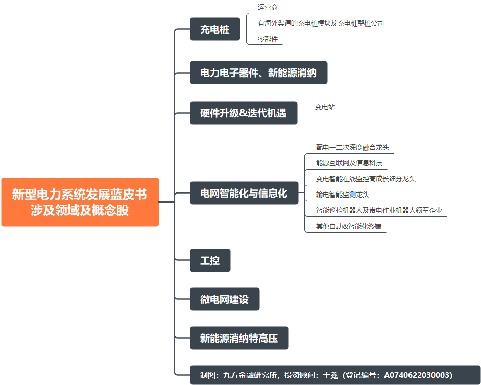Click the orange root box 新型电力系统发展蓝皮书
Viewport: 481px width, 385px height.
pyautogui.click(x=80, y=202)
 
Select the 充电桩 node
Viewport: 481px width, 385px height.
pyautogui.click(x=215, y=29)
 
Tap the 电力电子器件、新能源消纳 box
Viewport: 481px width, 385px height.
pyautogui.click(x=258, y=73)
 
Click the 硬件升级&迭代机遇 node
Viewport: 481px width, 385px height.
pyautogui.click(x=244, y=113)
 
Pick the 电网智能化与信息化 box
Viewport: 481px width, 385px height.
pyautogui.click(x=244, y=193)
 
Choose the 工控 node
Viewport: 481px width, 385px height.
pyautogui.click(x=210, y=260)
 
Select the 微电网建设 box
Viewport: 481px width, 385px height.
pyautogui.click(x=225, y=299)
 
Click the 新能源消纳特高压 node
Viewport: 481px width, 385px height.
pyautogui.click(x=239, y=338)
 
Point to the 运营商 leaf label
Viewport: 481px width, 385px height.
pyautogui.click(x=268, y=7)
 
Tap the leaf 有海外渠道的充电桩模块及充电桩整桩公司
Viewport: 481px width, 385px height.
pyautogui.click(x=321, y=23)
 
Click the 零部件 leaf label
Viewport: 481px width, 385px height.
pyautogui.click(x=268, y=39)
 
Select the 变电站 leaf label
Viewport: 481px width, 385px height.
pyautogui.click(x=325, y=107)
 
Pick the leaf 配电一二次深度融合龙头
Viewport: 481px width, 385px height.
pyautogui.click(x=352, y=147)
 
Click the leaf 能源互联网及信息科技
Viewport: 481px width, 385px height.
pyautogui.click(x=349, y=163)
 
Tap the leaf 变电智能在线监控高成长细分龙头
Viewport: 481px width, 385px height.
pyautogui.click(x=366, y=179)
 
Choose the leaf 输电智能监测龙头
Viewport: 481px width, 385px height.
pyautogui.click(x=342, y=195)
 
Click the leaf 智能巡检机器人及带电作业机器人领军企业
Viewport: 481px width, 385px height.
pyautogui.click(x=379, y=210)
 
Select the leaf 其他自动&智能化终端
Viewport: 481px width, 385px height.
pyautogui.click(x=349, y=226)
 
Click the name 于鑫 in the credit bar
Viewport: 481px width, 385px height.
pyautogui.click(x=330, y=375)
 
